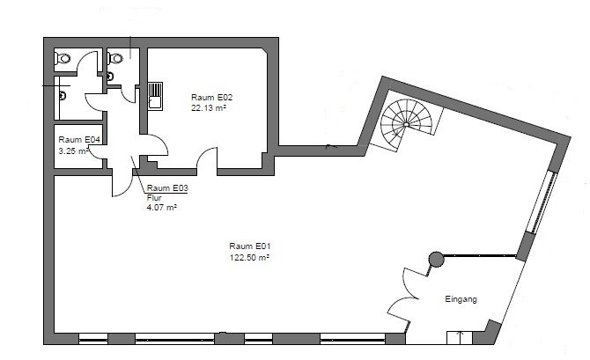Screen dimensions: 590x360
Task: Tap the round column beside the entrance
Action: (436, 259)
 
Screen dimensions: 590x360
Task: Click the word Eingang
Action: (461, 299)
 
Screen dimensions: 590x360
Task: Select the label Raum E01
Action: (250, 246)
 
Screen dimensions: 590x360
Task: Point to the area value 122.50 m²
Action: (249, 258)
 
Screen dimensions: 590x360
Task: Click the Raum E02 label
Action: (212, 98)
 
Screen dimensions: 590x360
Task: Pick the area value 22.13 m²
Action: (209, 108)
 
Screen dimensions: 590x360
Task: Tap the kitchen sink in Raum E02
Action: (155, 96)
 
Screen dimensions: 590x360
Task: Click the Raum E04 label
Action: (79, 140)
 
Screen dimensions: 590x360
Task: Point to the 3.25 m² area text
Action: (73, 151)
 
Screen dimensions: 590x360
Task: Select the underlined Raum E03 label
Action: (167, 188)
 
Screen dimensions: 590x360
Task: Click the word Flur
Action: (154, 198)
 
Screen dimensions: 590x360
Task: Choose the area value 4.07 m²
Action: (162, 207)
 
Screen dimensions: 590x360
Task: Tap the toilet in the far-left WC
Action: (63, 59)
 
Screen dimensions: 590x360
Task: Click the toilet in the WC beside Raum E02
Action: (115, 58)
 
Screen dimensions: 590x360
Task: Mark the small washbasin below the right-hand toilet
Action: (109, 77)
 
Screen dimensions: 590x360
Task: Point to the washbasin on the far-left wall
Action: (63, 96)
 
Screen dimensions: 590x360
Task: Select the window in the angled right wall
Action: (541, 202)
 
